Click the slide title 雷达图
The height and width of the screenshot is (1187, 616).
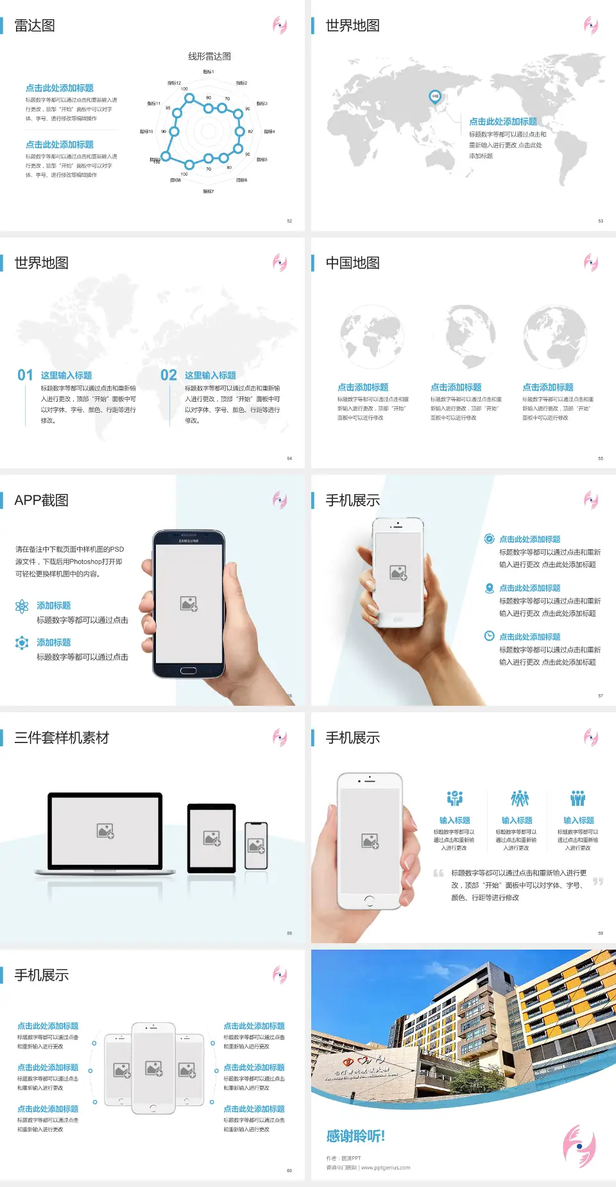point(35,26)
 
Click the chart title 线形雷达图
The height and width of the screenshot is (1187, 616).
point(209,56)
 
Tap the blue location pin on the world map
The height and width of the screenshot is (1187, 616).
point(435,96)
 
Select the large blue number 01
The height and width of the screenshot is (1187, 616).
point(25,375)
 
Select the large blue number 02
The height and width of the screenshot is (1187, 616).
point(169,375)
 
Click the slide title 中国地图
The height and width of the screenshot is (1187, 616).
point(352,263)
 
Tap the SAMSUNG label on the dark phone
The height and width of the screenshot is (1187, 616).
point(189,541)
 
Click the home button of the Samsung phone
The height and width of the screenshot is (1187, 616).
point(188,670)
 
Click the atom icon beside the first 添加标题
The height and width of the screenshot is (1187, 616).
point(22,606)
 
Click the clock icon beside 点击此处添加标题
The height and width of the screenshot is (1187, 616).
point(489,636)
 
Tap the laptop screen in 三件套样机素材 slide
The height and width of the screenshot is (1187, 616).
point(105,831)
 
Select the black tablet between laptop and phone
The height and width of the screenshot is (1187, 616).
point(212,837)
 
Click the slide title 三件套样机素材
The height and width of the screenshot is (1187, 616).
point(62,738)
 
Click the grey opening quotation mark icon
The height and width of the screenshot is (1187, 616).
point(438,873)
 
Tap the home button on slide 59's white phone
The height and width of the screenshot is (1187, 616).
point(369,901)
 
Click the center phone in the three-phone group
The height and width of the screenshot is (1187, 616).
point(153,1068)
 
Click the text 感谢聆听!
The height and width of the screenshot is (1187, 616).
point(355,1136)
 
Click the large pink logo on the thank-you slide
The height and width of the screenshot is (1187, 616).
point(579,1146)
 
